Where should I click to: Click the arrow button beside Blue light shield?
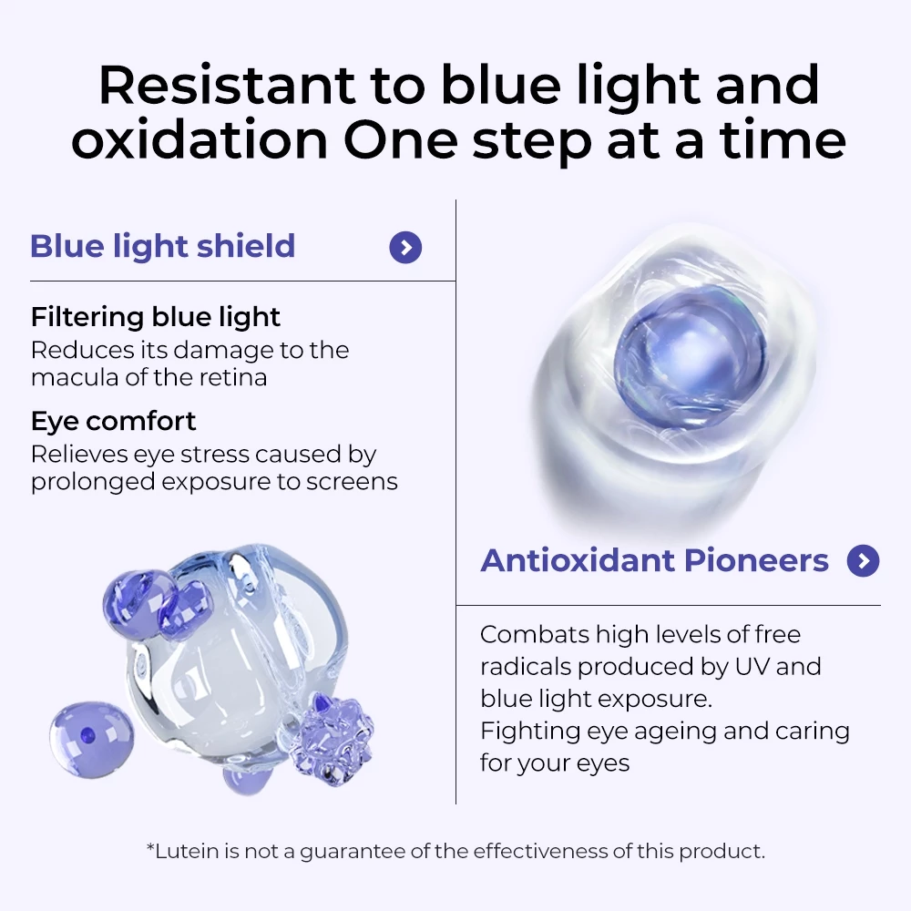(x=405, y=247)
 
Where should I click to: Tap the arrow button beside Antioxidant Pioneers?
(x=863, y=560)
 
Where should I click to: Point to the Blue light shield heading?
(x=163, y=247)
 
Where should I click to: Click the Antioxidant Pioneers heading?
(x=654, y=560)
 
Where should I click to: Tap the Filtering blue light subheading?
(x=156, y=317)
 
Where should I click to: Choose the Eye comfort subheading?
(x=113, y=421)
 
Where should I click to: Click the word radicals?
(x=526, y=666)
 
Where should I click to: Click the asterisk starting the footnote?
(x=150, y=849)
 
